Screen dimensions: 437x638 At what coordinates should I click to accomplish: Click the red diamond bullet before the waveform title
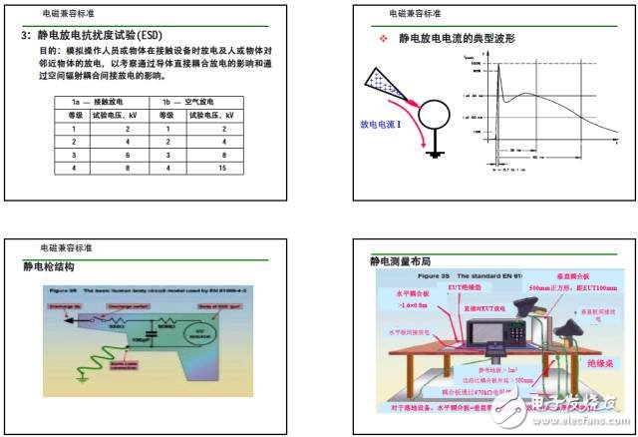point(382,39)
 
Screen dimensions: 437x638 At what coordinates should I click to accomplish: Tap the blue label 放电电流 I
point(379,127)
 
